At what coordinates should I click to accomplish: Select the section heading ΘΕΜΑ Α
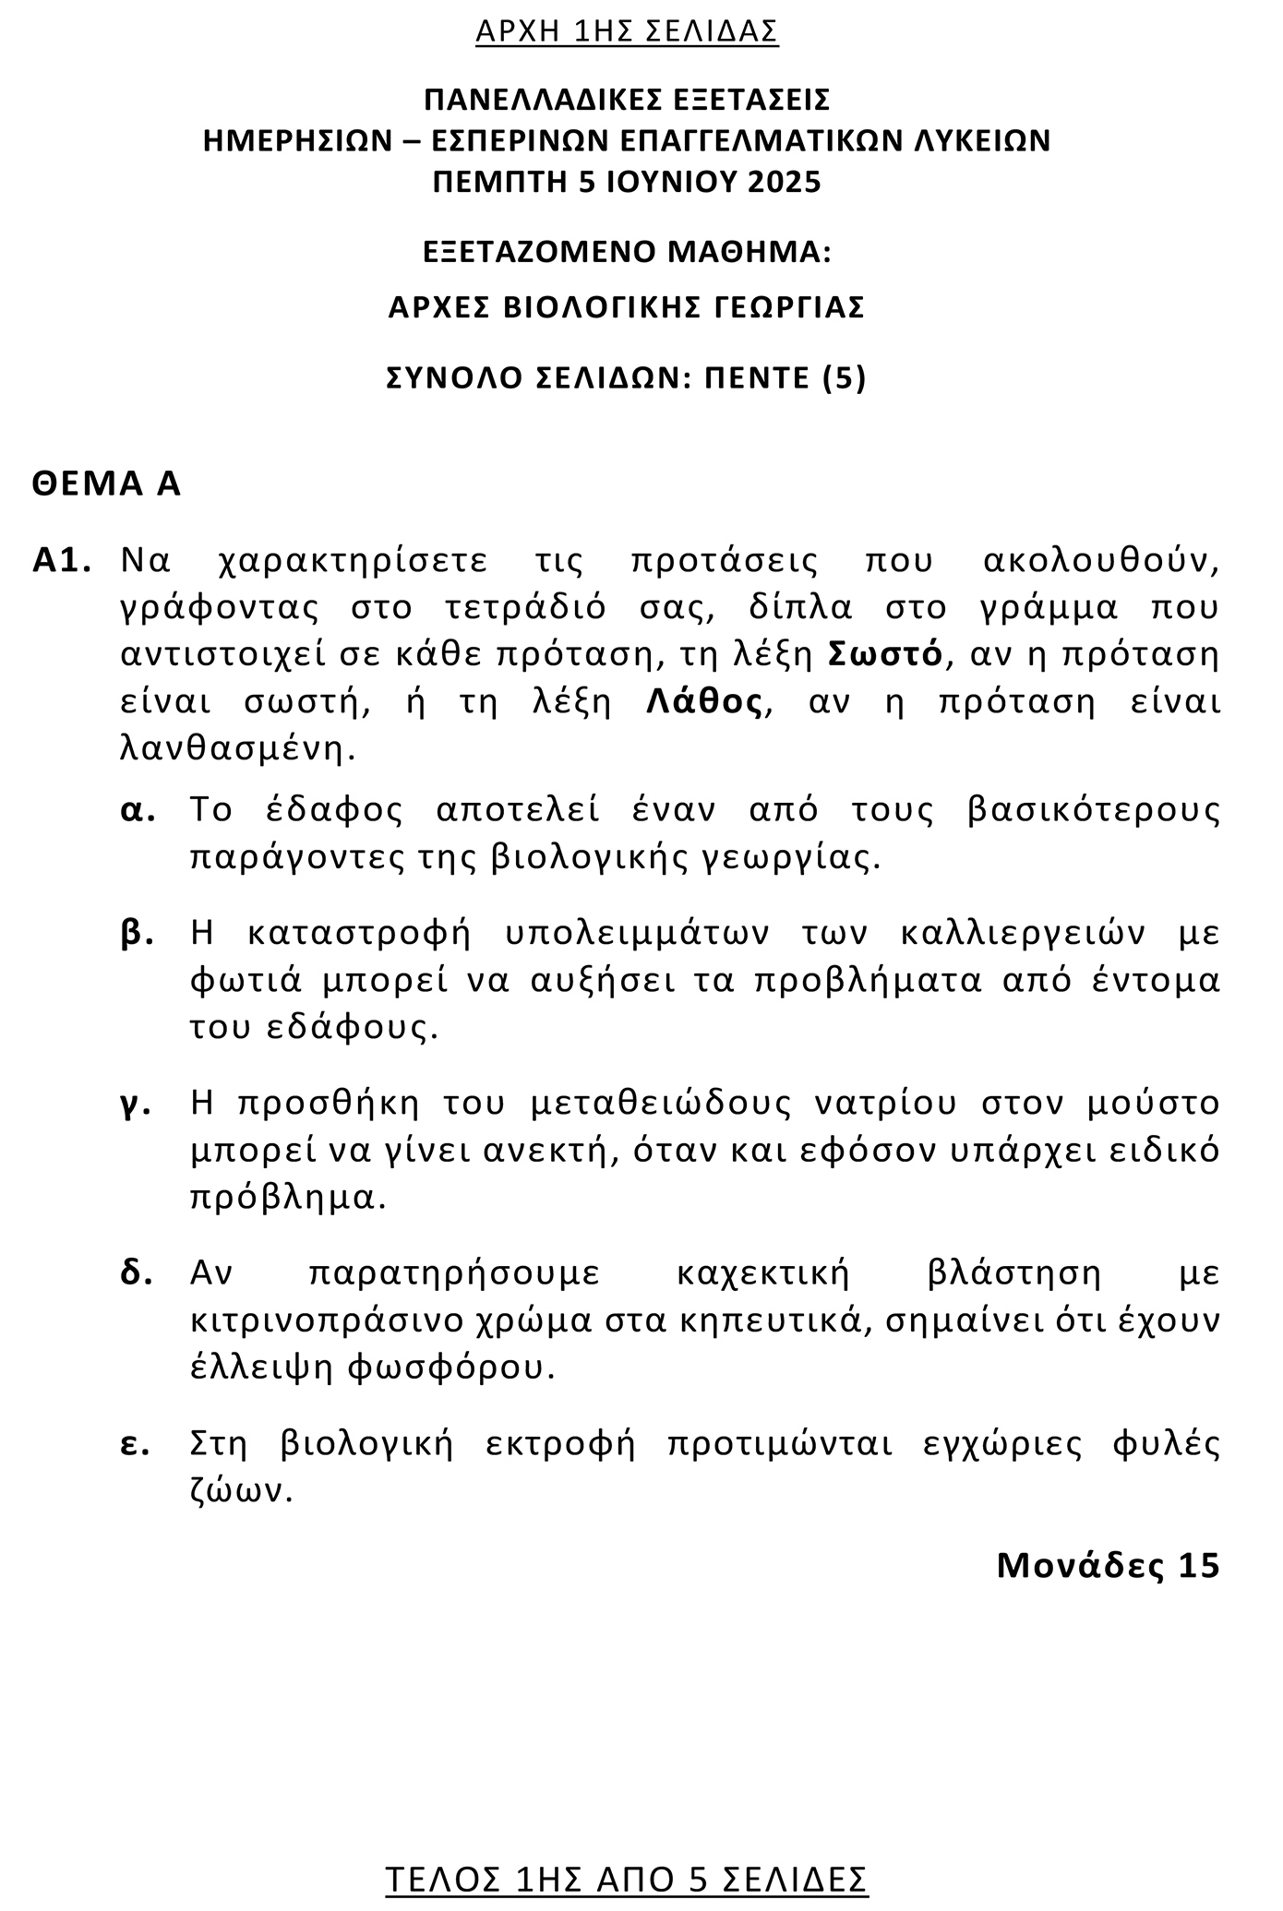click(106, 484)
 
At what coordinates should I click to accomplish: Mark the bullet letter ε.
click(135, 1444)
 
